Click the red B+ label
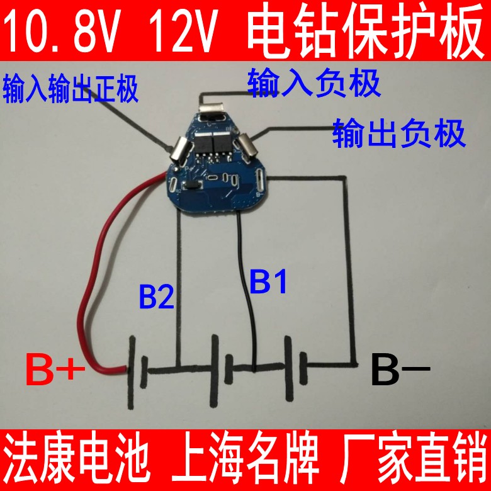click(x=55, y=371)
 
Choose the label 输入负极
click(x=314, y=83)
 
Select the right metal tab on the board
click(x=249, y=149)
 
